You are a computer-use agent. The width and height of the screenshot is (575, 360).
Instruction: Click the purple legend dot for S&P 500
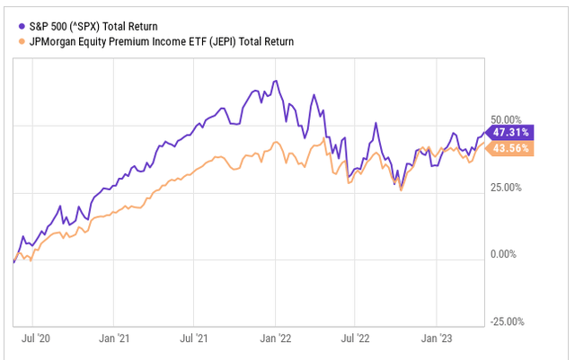[20, 25]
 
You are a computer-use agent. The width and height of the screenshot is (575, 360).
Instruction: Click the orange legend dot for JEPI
[20, 40]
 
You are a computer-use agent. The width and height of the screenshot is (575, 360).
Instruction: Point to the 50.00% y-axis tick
[503, 119]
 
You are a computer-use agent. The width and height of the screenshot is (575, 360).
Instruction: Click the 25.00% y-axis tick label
[503, 187]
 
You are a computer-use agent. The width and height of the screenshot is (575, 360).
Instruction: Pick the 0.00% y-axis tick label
[506, 255]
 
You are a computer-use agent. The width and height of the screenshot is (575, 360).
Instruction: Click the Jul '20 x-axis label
[32, 340]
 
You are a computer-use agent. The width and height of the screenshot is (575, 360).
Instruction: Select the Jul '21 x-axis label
[194, 340]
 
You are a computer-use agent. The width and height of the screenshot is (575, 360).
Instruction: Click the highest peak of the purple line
[276, 82]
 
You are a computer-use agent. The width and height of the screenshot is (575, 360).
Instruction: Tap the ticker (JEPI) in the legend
[228, 40]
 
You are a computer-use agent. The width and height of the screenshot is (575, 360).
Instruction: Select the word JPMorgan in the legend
[57, 40]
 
